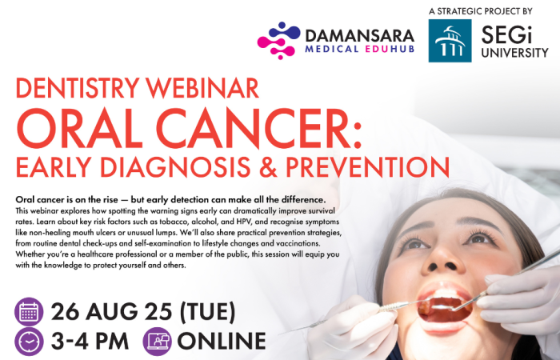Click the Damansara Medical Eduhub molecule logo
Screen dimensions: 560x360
(278, 40)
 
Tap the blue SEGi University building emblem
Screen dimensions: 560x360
(450, 41)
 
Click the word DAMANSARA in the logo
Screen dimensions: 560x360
(360, 36)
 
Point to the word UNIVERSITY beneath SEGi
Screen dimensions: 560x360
(514, 53)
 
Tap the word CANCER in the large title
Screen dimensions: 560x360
(258, 128)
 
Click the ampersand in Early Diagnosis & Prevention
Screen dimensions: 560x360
(268, 166)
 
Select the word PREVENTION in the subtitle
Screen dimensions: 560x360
(367, 166)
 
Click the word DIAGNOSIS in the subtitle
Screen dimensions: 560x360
(175, 166)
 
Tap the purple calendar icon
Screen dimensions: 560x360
(29, 312)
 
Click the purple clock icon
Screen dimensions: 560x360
(29, 342)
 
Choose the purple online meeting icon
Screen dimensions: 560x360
(157, 342)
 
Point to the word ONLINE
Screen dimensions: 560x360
(222, 341)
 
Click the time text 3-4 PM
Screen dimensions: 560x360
(90, 341)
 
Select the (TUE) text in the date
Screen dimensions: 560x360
(207, 312)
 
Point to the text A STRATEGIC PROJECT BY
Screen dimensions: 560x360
(481, 11)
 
